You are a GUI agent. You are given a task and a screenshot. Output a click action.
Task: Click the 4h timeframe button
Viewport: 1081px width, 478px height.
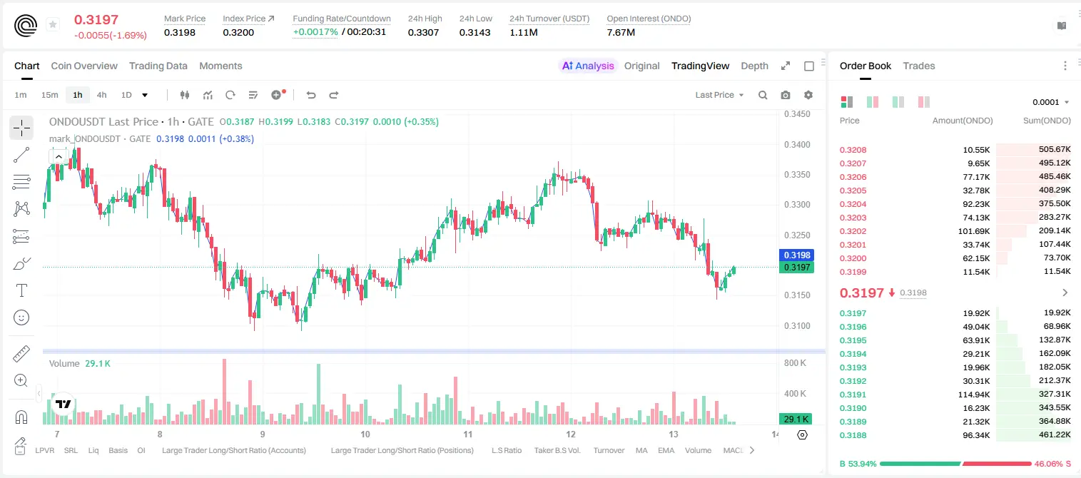pos(101,95)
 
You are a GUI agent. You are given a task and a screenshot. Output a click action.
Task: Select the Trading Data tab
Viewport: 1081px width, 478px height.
pos(158,66)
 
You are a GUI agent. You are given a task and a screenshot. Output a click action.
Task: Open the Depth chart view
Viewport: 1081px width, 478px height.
pos(754,66)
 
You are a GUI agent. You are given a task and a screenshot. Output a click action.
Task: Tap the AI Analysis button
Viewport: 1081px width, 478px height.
pos(588,66)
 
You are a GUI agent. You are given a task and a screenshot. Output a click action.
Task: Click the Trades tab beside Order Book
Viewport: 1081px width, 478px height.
pos(919,66)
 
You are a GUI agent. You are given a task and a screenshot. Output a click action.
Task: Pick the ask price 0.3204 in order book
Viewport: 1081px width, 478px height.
pos(853,204)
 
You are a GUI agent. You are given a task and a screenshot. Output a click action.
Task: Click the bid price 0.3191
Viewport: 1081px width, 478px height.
pos(853,395)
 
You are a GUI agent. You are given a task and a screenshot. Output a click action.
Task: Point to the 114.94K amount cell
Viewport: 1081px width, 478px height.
pos(974,395)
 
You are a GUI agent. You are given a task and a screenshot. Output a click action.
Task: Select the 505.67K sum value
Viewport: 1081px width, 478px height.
pos(1055,150)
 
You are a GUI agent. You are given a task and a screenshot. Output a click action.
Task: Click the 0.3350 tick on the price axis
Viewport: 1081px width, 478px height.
pos(797,175)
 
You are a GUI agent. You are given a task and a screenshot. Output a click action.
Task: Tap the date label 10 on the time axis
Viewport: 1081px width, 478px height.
pos(365,434)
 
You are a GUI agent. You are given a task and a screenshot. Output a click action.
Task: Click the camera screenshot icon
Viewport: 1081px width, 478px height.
pos(786,95)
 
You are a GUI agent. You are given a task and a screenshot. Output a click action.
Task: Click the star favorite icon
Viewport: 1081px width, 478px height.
pos(53,24)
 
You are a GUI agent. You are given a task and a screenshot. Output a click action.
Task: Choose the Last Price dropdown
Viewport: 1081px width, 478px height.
pos(719,95)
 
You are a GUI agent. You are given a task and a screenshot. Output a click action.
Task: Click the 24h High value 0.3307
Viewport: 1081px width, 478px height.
pos(423,32)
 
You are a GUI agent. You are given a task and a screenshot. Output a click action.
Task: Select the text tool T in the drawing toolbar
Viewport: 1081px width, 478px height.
pos(21,290)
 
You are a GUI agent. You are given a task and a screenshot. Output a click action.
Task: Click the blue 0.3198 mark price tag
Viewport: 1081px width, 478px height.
pos(796,255)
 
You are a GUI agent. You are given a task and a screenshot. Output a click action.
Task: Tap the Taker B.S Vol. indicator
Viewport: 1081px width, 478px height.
pos(557,450)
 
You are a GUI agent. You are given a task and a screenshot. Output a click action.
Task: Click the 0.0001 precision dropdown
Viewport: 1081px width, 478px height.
pos(1050,102)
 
